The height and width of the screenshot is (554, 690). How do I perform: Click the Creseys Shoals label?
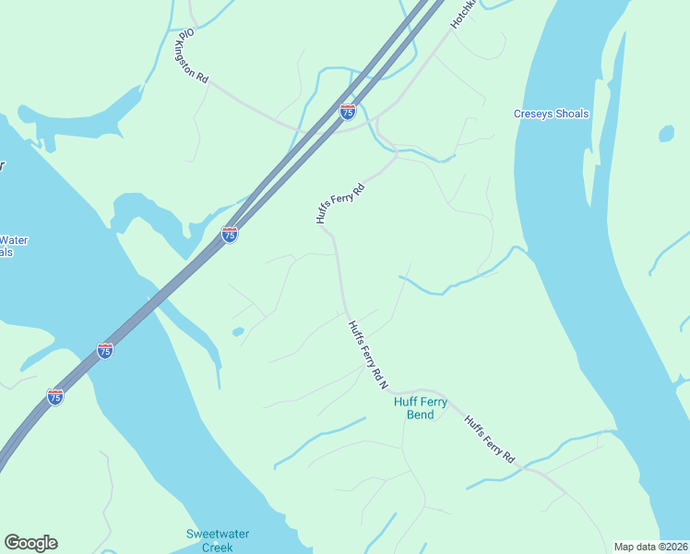click(x=551, y=114)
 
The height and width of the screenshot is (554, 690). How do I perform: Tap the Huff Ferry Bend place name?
click(x=421, y=408)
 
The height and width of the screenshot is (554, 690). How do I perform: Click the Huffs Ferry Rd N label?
click(x=367, y=355)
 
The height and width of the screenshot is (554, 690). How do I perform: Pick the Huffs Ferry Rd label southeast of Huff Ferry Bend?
click(x=489, y=439)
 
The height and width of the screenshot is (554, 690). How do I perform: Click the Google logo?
click(x=30, y=543)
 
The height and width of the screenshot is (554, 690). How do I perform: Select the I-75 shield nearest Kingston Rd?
click(x=348, y=113)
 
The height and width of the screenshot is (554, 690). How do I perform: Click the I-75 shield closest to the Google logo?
click(x=55, y=397)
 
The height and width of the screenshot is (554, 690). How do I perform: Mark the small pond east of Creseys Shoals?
click(x=666, y=134)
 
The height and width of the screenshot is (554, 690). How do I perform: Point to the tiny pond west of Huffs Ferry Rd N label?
click(x=238, y=331)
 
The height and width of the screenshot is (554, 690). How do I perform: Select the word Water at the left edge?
click(x=14, y=241)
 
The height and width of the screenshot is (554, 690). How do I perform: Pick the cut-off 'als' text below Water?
click(x=6, y=252)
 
